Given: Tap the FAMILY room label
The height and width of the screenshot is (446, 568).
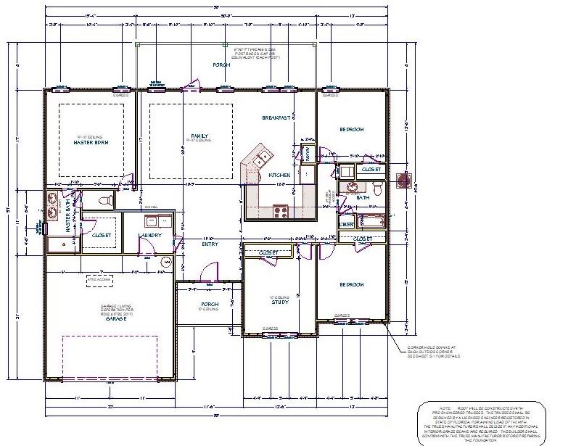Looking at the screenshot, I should click(199, 136).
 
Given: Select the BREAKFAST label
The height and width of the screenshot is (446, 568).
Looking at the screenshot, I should click(276, 117).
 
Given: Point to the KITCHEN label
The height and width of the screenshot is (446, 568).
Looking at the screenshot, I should click(279, 175).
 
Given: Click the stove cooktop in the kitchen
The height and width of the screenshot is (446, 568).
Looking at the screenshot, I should click(281, 212).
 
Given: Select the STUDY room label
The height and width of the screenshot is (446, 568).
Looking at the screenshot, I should click(280, 302).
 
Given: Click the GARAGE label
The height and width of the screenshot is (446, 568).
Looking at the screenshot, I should click(115, 318).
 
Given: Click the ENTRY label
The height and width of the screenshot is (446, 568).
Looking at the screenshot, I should click(210, 244).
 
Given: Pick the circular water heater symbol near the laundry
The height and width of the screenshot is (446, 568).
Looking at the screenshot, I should click(167, 262).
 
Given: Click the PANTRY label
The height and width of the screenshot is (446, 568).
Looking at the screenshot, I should click(306, 154).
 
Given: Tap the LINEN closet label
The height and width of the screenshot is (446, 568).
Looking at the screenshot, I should click(347, 225).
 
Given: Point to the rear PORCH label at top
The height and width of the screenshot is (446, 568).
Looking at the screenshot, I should click(221, 65).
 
